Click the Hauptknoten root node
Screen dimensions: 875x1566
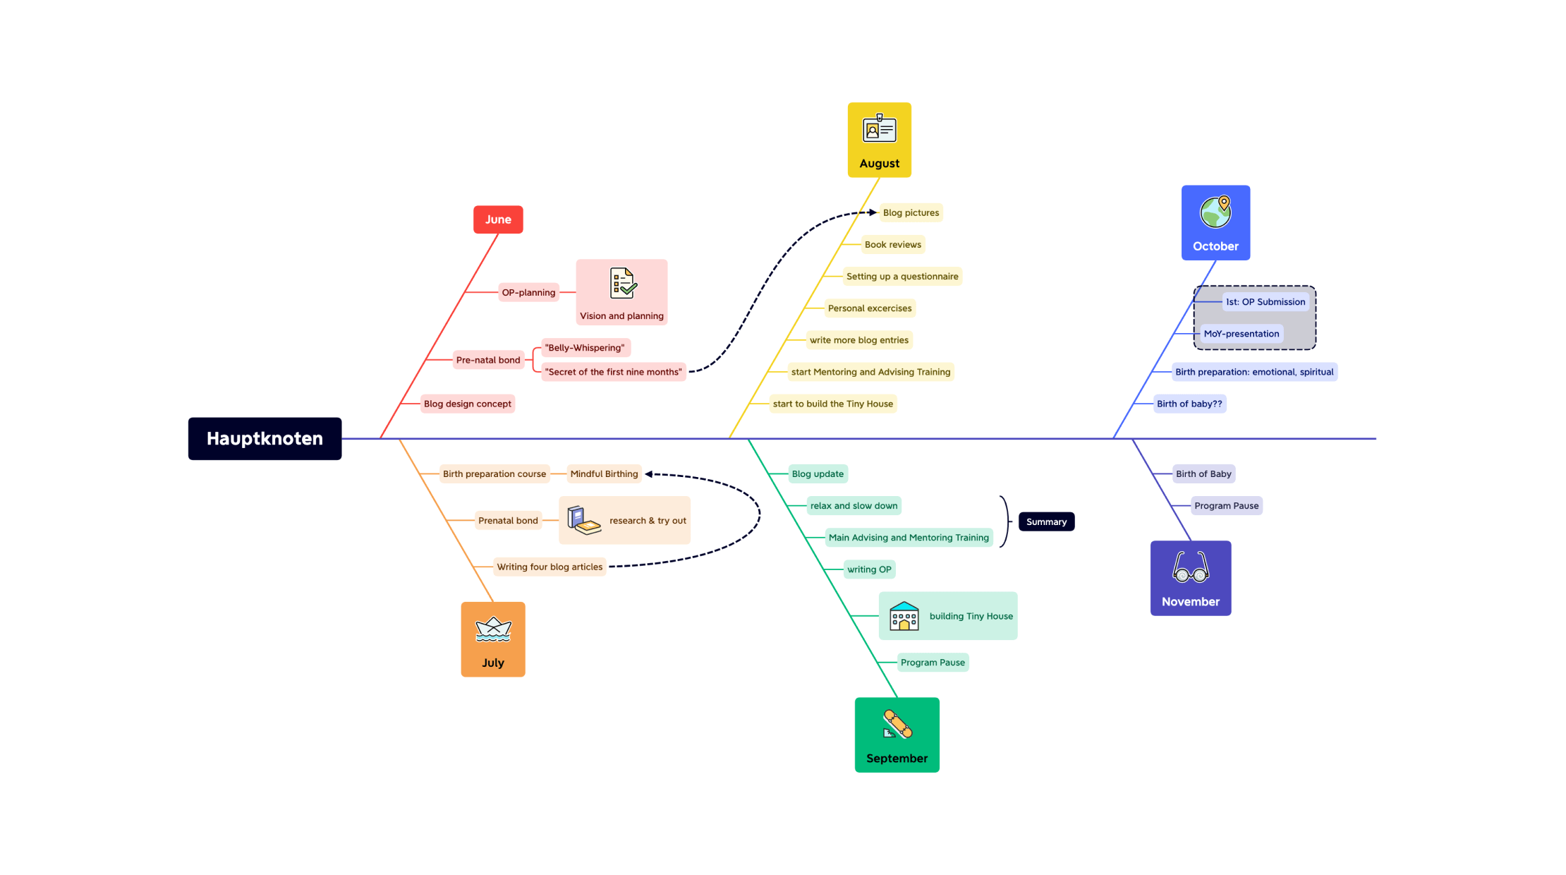click(265, 438)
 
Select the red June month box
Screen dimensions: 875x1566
click(498, 219)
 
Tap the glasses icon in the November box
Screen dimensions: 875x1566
click(1190, 567)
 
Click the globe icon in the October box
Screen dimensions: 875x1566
click(1215, 212)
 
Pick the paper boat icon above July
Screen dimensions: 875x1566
click(493, 629)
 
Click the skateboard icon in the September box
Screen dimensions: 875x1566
click(897, 725)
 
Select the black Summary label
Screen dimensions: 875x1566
click(1046, 521)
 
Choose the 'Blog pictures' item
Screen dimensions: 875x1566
click(911, 212)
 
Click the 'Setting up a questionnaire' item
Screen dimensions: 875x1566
click(902, 277)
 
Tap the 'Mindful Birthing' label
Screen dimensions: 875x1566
click(604, 474)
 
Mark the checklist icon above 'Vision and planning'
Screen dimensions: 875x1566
click(623, 284)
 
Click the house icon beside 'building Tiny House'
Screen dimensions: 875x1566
click(904, 616)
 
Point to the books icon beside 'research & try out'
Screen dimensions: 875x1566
click(583, 521)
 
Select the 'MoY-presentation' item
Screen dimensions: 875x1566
click(1241, 334)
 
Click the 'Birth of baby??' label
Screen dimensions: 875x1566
click(1189, 404)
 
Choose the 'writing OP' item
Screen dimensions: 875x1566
click(869, 569)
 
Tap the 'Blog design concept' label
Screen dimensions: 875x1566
click(467, 404)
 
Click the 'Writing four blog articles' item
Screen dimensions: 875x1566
click(550, 567)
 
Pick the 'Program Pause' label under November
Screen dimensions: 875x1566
click(1226, 506)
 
